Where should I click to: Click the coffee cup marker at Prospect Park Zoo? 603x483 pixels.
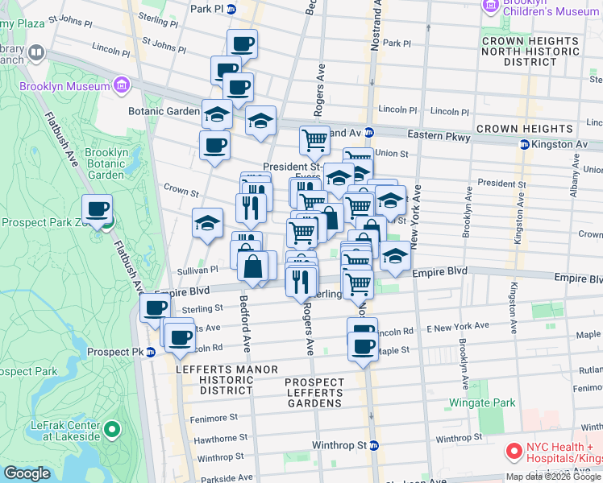click(x=98, y=211)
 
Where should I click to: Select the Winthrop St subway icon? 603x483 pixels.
click(x=374, y=445)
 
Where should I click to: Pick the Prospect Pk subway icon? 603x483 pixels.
click(x=151, y=353)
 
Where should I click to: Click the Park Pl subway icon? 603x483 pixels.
click(x=231, y=10)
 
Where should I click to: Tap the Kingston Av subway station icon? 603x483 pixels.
click(x=524, y=144)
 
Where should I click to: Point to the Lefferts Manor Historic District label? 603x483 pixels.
click(x=214, y=379)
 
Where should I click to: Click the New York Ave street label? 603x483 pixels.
click(x=417, y=217)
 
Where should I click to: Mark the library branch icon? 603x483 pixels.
click(x=36, y=53)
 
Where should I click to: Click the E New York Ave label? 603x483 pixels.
click(x=458, y=326)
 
